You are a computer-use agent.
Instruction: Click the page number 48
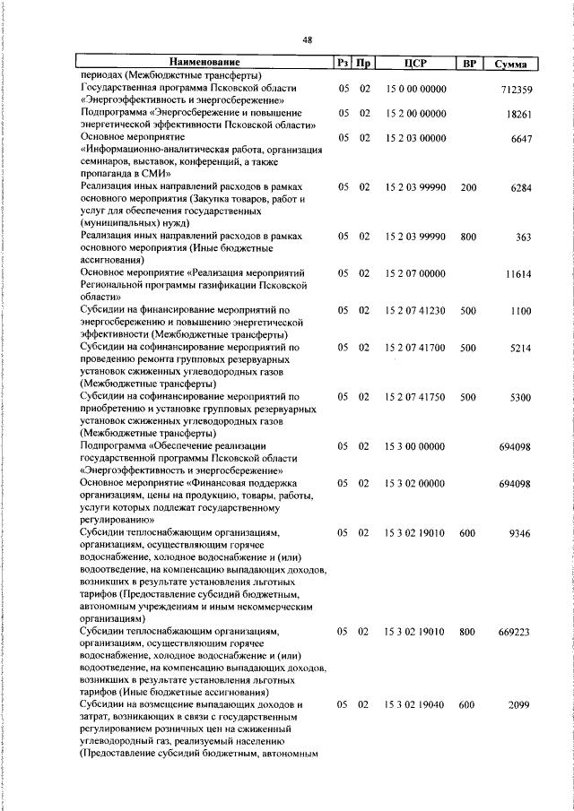307,40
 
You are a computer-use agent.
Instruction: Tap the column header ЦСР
413,64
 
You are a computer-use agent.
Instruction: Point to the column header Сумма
509,65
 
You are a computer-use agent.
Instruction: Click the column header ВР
468,64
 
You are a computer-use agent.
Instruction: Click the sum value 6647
522,138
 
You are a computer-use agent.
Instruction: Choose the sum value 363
525,237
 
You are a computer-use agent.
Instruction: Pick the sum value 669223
515,631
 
